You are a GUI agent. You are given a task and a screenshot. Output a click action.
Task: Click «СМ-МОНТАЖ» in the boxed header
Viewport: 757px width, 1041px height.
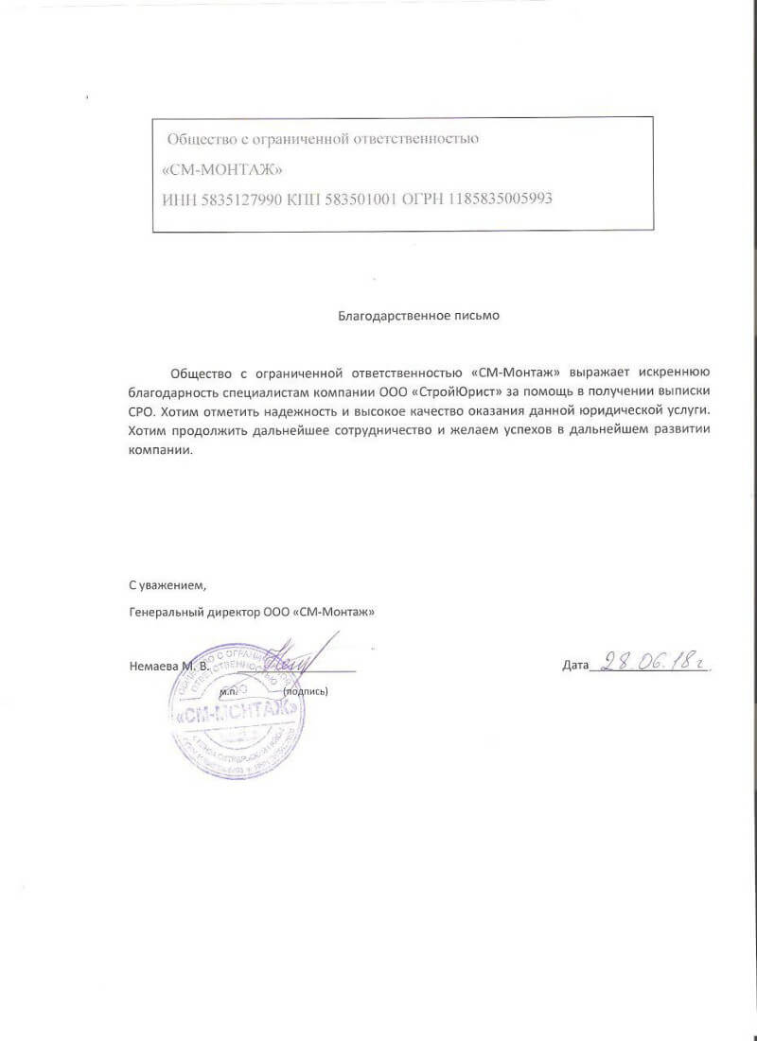[223, 169]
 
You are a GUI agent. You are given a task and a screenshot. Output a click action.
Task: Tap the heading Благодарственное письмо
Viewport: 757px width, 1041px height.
[418, 316]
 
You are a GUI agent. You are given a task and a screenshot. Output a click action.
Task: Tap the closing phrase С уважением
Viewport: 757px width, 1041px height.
[167, 582]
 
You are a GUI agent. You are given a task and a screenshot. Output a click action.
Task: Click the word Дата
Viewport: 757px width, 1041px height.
[575, 666]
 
